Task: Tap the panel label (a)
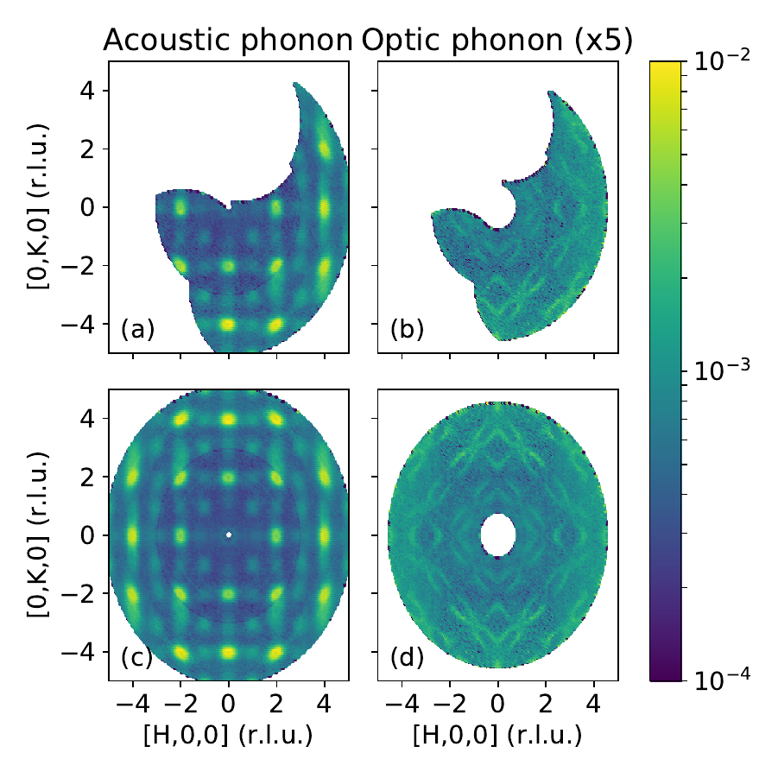pos(137,329)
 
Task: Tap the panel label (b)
pos(407,329)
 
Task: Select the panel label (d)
pos(407,657)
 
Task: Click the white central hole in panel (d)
pos(497,534)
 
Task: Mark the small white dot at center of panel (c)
pos(229,534)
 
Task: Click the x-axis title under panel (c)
pos(228,736)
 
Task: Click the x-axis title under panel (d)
pos(497,736)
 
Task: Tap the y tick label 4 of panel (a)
pos(89,91)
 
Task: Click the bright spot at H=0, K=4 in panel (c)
pos(229,419)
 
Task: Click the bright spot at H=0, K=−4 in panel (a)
pos(229,324)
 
